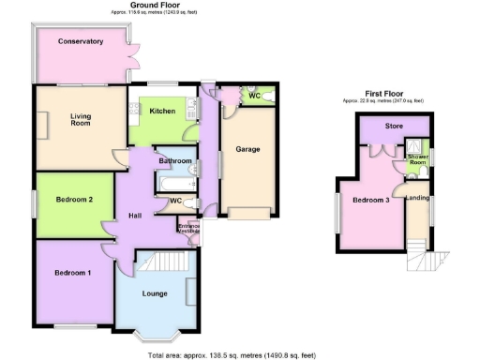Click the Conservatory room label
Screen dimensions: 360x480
point(80,41)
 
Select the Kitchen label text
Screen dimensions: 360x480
point(162,111)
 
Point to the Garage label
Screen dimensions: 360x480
point(247,149)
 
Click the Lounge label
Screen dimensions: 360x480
point(156,293)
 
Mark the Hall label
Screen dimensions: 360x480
point(135,217)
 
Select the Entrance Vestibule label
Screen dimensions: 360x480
point(188,228)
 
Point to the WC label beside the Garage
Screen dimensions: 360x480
point(254,96)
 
